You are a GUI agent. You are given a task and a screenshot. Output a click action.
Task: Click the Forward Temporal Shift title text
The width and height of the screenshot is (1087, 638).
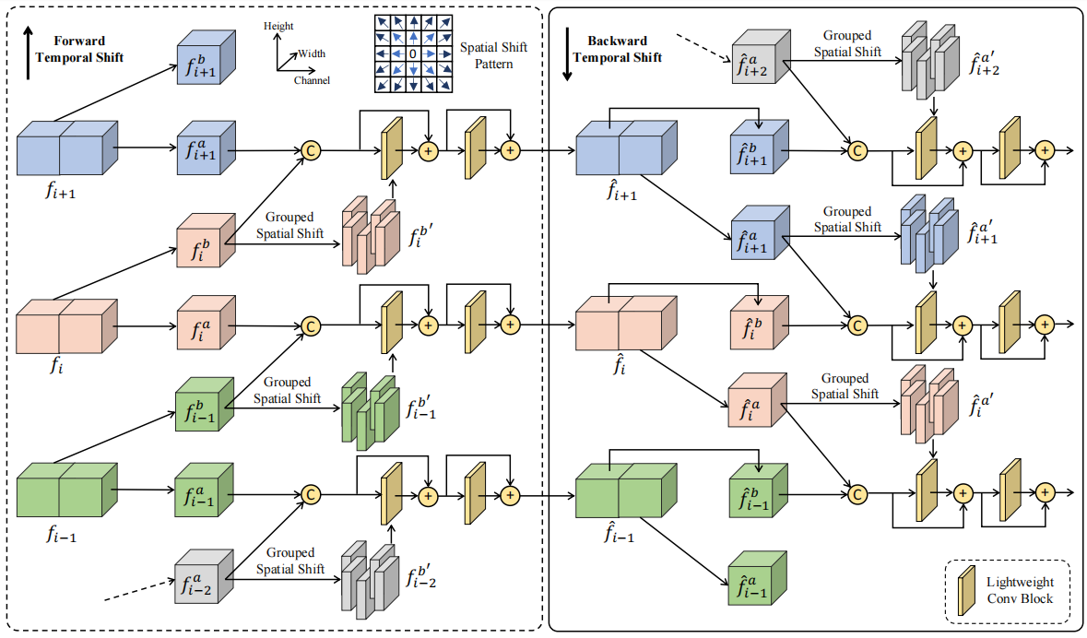click(x=88, y=49)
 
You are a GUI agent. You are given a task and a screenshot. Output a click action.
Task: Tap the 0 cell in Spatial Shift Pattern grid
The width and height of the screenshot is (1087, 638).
click(x=414, y=54)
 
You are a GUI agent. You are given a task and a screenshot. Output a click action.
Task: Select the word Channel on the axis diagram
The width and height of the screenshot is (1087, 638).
click(x=312, y=81)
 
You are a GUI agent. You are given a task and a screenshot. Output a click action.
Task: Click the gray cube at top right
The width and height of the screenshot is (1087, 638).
click(x=762, y=54)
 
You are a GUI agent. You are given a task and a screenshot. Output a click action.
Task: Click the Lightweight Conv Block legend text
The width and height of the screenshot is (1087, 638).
click(x=1020, y=590)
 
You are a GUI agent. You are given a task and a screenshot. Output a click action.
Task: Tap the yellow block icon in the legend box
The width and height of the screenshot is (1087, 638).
click(x=969, y=590)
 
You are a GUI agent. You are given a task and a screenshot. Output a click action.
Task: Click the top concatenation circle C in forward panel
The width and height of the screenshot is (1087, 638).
click(x=311, y=150)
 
